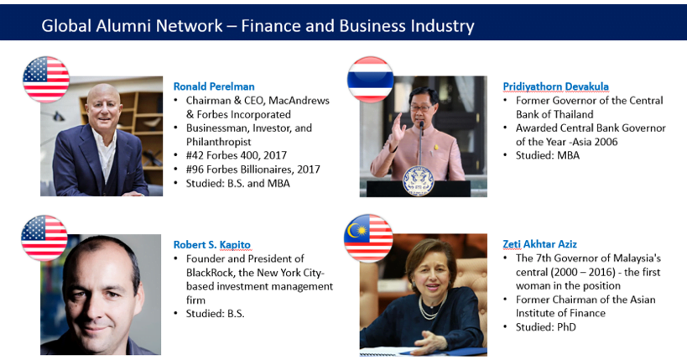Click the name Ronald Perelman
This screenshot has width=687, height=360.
pos(214,86)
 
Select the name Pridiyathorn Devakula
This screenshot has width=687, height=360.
pos(555,86)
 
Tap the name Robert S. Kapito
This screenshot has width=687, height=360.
pos(212,245)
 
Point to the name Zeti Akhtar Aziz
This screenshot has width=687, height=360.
pos(540,244)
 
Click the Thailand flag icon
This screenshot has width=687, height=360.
pos(370,80)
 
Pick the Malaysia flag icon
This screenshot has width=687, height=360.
pos(368,238)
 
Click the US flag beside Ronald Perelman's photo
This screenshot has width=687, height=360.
pos(46,80)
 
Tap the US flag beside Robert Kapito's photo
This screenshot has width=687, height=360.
pos(44,238)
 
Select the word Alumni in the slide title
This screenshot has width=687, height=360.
pos(123,26)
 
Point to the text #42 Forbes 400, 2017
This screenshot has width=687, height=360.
pos(237,155)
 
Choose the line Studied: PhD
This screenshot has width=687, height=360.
pos(546,327)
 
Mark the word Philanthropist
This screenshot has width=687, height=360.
pos(219,142)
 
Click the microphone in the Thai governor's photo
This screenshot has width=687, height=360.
pos(421,140)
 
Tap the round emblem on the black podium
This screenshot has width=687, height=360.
pos(418,180)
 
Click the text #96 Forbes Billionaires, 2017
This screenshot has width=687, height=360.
pos(253,170)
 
